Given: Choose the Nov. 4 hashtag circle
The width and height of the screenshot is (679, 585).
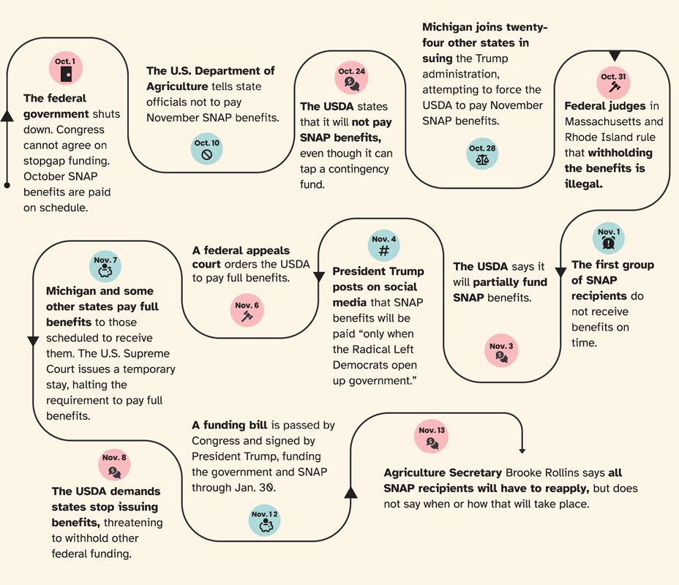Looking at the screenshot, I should click(x=384, y=246).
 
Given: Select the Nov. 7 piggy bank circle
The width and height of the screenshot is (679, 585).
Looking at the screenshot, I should click(x=105, y=267).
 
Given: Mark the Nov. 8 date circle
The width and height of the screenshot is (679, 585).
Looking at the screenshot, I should click(x=114, y=464).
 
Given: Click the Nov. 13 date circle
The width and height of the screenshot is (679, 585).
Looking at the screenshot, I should click(x=431, y=437).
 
